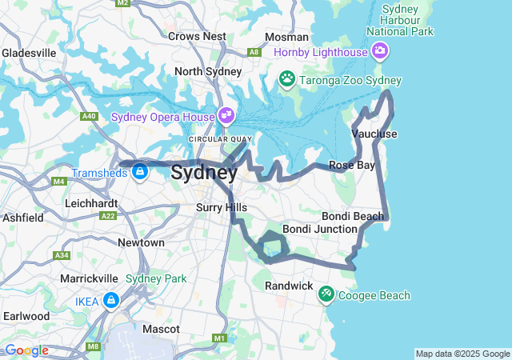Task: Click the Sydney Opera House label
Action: pyautogui.click(x=163, y=116)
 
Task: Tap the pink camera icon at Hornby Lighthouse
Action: pyautogui.click(x=379, y=52)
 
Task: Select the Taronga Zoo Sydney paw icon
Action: pyautogui.click(x=286, y=78)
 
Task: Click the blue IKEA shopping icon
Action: pyautogui.click(x=110, y=300)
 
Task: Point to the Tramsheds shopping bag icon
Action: pyautogui.click(x=140, y=172)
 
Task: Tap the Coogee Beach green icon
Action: pyautogui.click(x=326, y=295)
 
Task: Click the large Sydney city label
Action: pyautogui.click(x=204, y=172)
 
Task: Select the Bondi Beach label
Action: pyautogui.click(x=353, y=217)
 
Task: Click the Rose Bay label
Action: pyautogui.click(x=352, y=165)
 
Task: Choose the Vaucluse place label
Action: pyautogui.click(x=374, y=134)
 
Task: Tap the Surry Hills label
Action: pyautogui.click(x=222, y=207)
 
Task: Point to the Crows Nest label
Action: pyautogui.click(x=197, y=36)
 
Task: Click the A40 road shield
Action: pyautogui.click(x=89, y=116)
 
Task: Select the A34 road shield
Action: pyautogui.click(x=62, y=255)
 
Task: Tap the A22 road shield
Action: pyautogui.click(x=107, y=216)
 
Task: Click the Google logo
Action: pyautogui.click(x=26, y=350)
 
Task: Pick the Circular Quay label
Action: pyautogui.click(x=214, y=139)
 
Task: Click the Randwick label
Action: pyautogui.click(x=289, y=286)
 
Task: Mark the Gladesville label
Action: pyautogui.click(x=29, y=53)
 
